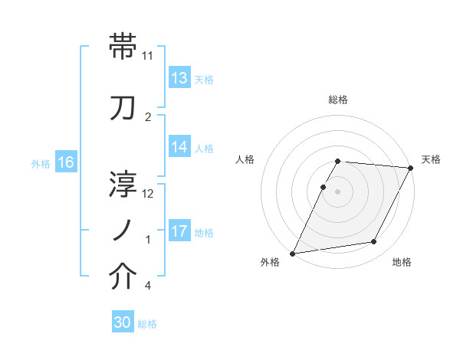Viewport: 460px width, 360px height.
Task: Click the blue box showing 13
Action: tap(179, 78)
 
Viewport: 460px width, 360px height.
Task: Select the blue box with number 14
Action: tap(179, 147)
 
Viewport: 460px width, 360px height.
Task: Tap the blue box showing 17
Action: tap(179, 231)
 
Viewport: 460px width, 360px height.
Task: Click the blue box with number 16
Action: tap(66, 162)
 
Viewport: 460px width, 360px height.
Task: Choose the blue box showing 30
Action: tap(123, 322)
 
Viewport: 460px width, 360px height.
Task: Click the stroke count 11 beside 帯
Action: tap(148, 57)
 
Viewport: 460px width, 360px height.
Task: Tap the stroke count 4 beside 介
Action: tap(147, 286)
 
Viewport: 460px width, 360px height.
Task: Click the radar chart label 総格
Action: tap(338, 100)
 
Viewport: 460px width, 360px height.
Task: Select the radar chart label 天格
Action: tap(431, 159)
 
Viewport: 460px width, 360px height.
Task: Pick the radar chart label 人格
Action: tap(245, 159)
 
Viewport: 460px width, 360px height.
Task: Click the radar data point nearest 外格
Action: tap(292, 254)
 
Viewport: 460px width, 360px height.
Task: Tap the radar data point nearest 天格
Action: tap(411, 168)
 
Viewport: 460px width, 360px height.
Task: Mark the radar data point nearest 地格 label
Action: tap(374, 242)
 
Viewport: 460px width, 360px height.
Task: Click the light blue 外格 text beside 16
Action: tap(41, 163)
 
